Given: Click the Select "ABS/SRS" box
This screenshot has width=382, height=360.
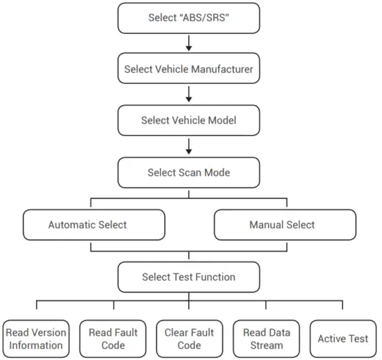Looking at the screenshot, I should (x=188, y=18).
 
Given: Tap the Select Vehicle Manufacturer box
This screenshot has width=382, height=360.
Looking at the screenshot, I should (x=188, y=69).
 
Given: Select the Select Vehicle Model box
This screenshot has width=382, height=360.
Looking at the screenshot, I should (x=188, y=121).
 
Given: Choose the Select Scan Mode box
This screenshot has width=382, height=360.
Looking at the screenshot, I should (x=188, y=172).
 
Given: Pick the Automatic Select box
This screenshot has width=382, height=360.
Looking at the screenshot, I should (x=94, y=225).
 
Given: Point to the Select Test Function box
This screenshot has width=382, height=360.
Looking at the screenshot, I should (x=188, y=277).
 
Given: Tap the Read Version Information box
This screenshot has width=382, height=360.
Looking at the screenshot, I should (x=36, y=339).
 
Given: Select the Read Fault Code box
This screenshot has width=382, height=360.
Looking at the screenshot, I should (x=113, y=339).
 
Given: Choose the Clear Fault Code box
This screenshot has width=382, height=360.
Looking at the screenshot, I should (x=189, y=339).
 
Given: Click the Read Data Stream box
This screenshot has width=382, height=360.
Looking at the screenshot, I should (x=267, y=339).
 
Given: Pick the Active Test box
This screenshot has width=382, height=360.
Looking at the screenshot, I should (x=343, y=339).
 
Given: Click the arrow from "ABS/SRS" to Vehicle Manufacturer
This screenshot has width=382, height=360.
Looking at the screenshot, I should (x=188, y=44).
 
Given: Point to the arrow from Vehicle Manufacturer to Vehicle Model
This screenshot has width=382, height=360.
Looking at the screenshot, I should (x=188, y=95).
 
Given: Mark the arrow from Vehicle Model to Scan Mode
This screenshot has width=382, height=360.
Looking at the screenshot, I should (x=188, y=147).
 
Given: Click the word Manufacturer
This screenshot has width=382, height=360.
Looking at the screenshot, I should (x=221, y=69).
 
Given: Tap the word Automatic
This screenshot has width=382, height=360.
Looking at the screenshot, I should (x=73, y=225).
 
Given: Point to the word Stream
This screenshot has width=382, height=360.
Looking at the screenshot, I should (x=267, y=345).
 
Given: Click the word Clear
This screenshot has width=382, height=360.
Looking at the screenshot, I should (x=178, y=333).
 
